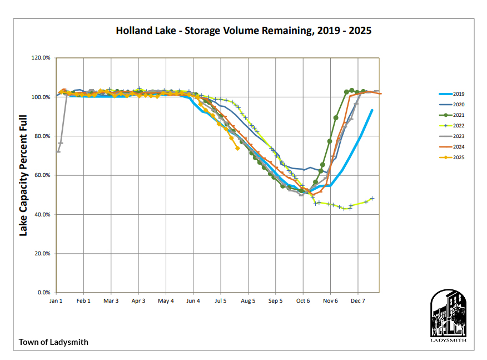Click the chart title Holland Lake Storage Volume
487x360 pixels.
point(244,31)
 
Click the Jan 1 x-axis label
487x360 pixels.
point(56,300)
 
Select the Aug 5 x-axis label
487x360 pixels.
point(247,300)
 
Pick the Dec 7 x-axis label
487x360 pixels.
point(357,300)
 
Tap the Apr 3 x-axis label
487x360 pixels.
point(138,300)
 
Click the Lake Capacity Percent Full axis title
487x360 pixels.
point(23,175)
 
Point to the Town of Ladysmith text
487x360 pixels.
point(53,342)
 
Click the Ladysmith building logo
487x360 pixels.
point(449,315)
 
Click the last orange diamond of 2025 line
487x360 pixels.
point(238,149)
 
